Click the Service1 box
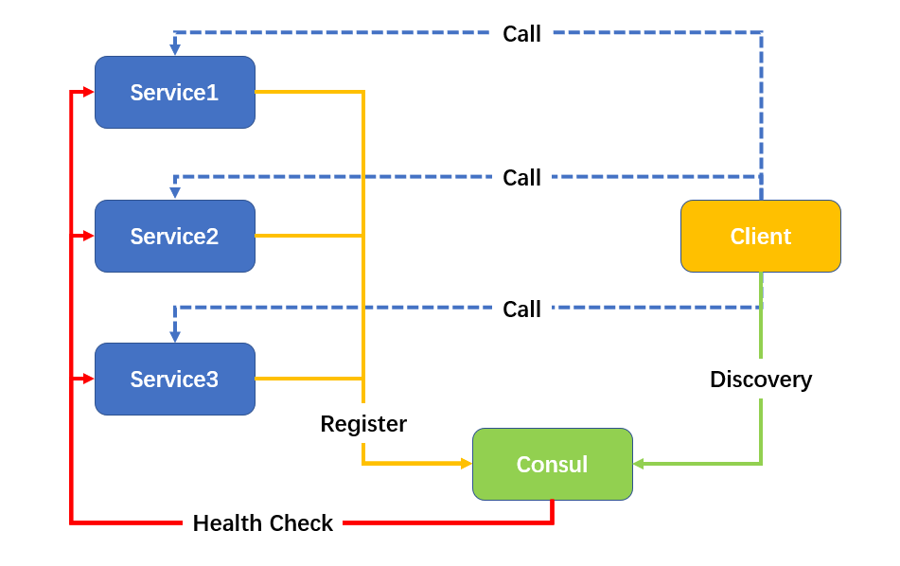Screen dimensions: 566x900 pos(174,92)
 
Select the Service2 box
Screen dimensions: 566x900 pos(174,236)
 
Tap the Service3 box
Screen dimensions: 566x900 pos(174,379)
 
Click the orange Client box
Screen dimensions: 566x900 pos(760,236)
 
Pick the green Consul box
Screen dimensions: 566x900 pos(552,464)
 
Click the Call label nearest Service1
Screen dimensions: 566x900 pos(521,34)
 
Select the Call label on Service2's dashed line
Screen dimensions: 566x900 pos(521,178)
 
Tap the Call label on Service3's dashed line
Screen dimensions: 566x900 pos(521,310)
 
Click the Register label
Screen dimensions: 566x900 pos(363,424)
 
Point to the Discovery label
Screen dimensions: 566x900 pos(761,380)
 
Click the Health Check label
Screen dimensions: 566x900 pos(262,523)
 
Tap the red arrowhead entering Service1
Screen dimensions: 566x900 pos(89,92)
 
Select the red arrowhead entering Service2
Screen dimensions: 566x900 pos(89,236)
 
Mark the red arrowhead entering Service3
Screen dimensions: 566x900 pos(89,379)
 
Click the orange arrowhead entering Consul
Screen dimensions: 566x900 pos(467,464)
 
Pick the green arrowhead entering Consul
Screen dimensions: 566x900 pos(639,464)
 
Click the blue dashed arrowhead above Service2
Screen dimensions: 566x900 pos(175,193)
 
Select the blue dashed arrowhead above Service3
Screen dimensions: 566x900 pos(175,336)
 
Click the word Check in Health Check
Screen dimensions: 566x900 pos(301,523)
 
